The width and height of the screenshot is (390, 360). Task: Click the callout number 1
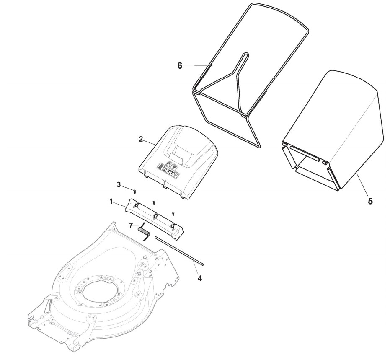[111, 202]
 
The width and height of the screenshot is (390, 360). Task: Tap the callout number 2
[141, 139]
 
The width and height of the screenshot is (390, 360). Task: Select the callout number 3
[119, 184]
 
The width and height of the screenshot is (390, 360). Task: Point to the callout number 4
[199, 278]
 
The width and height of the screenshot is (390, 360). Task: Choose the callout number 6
[180, 65]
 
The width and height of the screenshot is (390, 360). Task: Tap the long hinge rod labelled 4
[178, 250]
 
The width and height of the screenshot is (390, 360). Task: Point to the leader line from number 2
[151, 142]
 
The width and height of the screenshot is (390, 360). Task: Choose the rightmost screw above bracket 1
[173, 214]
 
